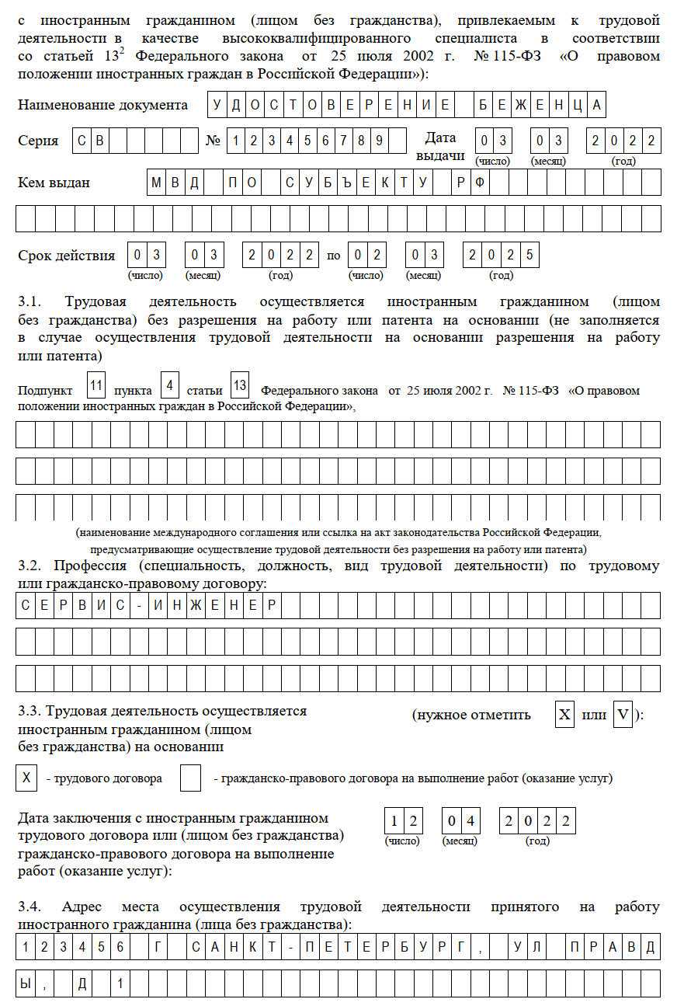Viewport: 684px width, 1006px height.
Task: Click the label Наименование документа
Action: [x=102, y=105]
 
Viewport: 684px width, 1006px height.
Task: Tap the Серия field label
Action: [x=38, y=141]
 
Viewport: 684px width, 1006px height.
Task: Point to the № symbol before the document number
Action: [x=213, y=141]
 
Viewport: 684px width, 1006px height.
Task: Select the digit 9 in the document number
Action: [x=379, y=141]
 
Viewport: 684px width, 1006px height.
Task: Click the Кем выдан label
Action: [x=54, y=183]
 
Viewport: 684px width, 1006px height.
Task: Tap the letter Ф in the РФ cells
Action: [x=480, y=183]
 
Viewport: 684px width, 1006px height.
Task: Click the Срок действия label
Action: [x=66, y=256]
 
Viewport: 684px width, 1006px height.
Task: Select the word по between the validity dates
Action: [x=334, y=256]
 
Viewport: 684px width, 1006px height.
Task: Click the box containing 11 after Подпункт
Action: [x=96, y=386]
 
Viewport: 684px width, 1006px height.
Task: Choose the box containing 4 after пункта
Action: [x=169, y=386]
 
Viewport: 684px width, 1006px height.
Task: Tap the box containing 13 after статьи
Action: [x=241, y=386]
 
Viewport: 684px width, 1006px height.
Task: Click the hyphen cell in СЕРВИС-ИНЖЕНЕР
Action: [x=138, y=605]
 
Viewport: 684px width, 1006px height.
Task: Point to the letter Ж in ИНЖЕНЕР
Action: [x=195, y=605]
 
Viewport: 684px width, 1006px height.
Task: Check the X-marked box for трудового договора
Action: [x=26, y=778]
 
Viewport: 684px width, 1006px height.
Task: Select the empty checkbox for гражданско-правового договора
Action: [x=190, y=778]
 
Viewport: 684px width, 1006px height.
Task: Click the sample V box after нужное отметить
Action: [x=623, y=715]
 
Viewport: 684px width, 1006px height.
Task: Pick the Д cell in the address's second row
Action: [x=82, y=983]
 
